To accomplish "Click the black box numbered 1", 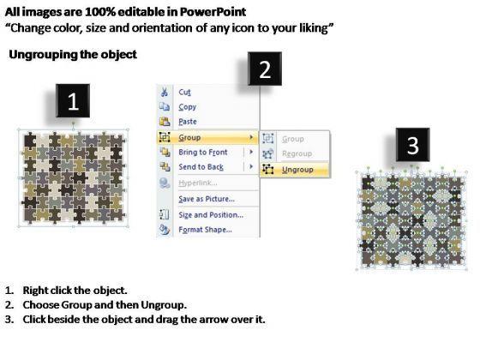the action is pos(73,101).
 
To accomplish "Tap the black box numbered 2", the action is pos(265,69).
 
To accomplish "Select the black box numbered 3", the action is pos(412,145).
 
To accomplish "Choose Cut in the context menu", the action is pos(184,93).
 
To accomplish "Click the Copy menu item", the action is pos(188,107).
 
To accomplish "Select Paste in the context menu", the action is pos(188,122).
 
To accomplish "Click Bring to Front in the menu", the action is pos(203,153).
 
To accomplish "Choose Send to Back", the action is pos(201,167).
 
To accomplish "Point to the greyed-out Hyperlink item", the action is pos(198,183).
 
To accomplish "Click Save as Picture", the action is pos(207,199).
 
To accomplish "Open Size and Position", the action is pos(211,215).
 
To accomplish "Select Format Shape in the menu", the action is pos(205,230).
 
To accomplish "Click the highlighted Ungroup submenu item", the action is pos(297,170).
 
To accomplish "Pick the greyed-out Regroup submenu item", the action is pos(297,153).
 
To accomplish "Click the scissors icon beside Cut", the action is pos(165,92).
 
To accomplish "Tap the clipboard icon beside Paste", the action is pos(165,122).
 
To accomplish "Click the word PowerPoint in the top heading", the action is pos(213,12).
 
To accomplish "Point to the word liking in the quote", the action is pos(315,28).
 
